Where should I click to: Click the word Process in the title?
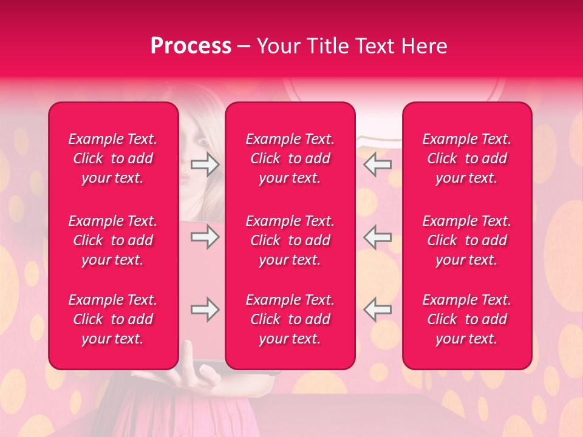[x=191, y=46]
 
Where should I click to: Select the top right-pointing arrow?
[x=205, y=164]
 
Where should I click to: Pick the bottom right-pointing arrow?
[x=205, y=310]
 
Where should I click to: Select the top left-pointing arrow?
[x=378, y=164]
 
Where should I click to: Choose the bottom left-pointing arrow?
[x=378, y=310]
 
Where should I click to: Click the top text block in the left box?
[x=113, y=158]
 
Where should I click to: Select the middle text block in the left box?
[x=113, y=240]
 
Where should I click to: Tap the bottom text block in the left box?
[x=113, y=319]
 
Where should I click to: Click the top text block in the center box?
[x=290, y=158]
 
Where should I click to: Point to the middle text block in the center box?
[x=290, y=240]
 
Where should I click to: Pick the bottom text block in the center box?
[x=290, y=319]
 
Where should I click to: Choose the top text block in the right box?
[x=467, y=158]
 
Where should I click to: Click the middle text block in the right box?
[x=467, y=240]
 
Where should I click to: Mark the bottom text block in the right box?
[x=467, y=319]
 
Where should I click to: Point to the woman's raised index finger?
[x=188, y=349]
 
